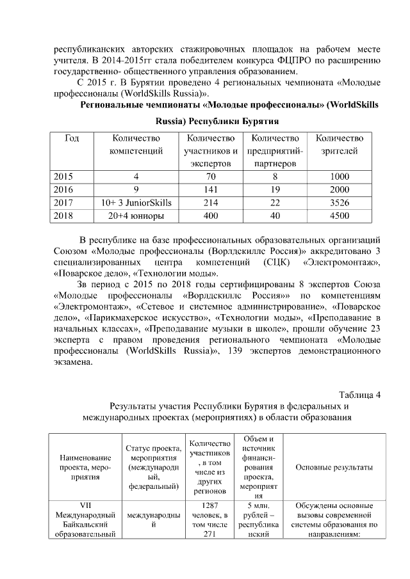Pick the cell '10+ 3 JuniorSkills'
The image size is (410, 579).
[x=136, y=203]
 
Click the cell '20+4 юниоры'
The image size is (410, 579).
[x=136, y=216]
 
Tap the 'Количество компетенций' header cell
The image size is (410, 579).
[x=136, y=145]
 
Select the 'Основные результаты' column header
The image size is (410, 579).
[x=334, y=467]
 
